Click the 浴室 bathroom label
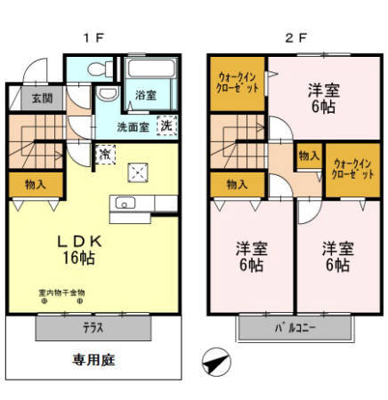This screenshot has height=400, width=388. click(x=146, y=94)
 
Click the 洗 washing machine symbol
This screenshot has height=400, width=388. click(x=166, y=125)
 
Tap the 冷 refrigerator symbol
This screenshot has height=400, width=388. click(x=105, y=153)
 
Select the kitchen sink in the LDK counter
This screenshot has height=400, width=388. click(x=124, y=201)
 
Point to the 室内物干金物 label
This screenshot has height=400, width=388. click(x=61, y=292)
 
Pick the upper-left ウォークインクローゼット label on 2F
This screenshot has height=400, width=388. click(x=238, y=84)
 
